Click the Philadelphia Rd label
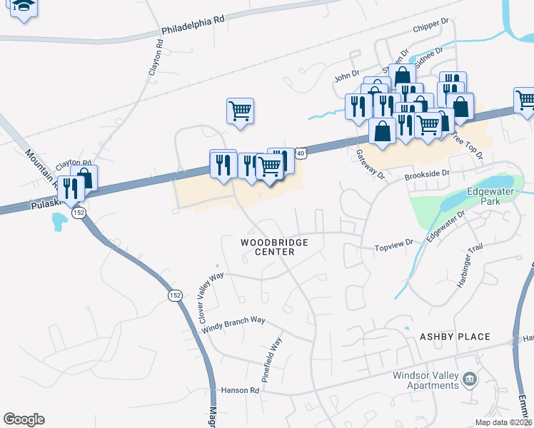(x=193, y=26)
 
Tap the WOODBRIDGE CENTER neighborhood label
(x=274, y=248)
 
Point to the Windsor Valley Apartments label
(x=425, y=380)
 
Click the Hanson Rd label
(x=240, y=390)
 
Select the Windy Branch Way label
(x=233, y=325)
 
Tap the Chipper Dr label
(x=430, y=26)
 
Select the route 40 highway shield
(x=301, y=153)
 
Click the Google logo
(x=24, y=419)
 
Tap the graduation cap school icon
(x=24, y=7)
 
